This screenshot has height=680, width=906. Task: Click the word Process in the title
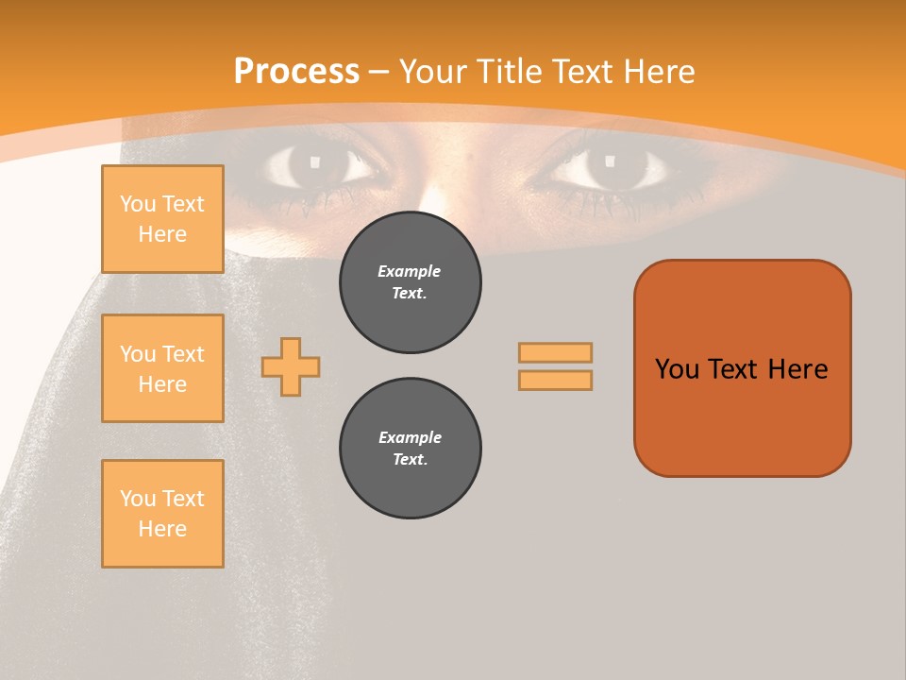[x=296, y=72]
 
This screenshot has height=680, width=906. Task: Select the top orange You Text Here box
[x=162, y=219]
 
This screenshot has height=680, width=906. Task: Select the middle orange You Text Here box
[x=162, y=368]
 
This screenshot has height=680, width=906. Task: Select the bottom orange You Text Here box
[x=162, y=513]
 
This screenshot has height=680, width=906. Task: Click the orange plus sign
[x=291, y=366]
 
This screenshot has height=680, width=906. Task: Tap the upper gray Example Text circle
[x=410, y=282]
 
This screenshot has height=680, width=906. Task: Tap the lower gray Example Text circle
[x=410, y=449]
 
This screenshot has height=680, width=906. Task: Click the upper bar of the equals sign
[x=555, y=353]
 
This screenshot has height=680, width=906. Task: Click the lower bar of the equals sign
[x=555, y=380]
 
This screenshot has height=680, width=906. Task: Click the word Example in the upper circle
[x=410, y=271]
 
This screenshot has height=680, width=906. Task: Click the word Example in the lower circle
[x=410, y=437]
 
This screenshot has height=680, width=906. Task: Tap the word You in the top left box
[x=137, y=204]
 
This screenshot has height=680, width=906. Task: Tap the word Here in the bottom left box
[x=162, y=529]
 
